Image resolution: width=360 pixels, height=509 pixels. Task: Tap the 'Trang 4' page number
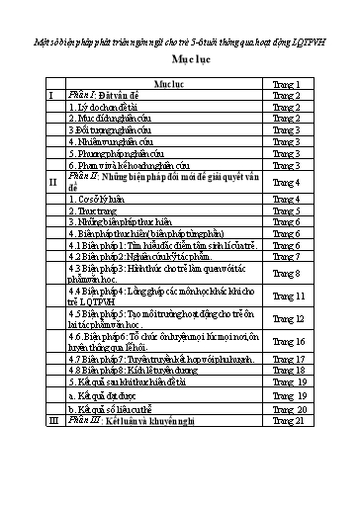286,182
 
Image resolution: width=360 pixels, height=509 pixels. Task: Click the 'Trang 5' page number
286,211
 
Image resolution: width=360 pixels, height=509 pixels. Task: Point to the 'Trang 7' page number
286,256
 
